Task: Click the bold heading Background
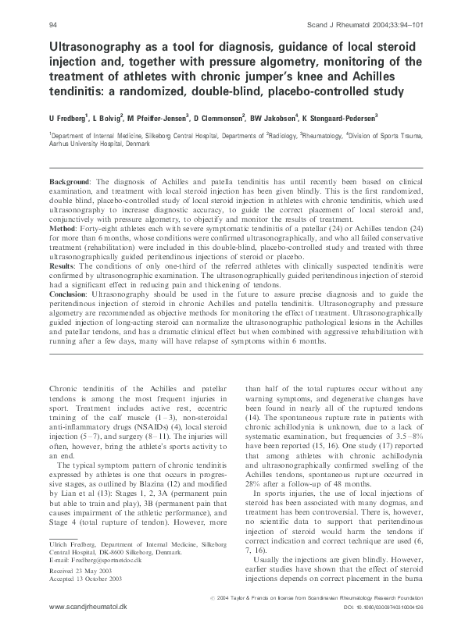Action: [x=70, y=180]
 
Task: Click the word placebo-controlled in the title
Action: [x=270, y=92]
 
